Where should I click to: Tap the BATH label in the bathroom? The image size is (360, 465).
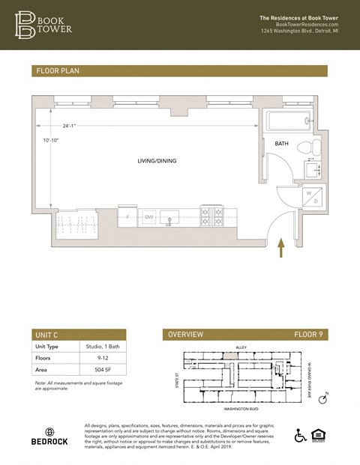[x=281, y=143]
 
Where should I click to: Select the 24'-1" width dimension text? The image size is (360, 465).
[x=69, y=126]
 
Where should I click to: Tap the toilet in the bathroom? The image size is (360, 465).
[x=304, y=146]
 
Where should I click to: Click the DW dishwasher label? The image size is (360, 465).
[x=149, y=217]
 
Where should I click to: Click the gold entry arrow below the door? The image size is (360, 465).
[x=282, y=248]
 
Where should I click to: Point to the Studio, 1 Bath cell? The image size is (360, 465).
[x=102, y=347]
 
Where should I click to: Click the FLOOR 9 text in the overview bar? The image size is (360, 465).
[x=307, y=335]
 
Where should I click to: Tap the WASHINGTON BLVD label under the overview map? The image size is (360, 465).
[x=242, y=410]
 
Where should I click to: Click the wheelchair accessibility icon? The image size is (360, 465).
[x=300, y=436]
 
